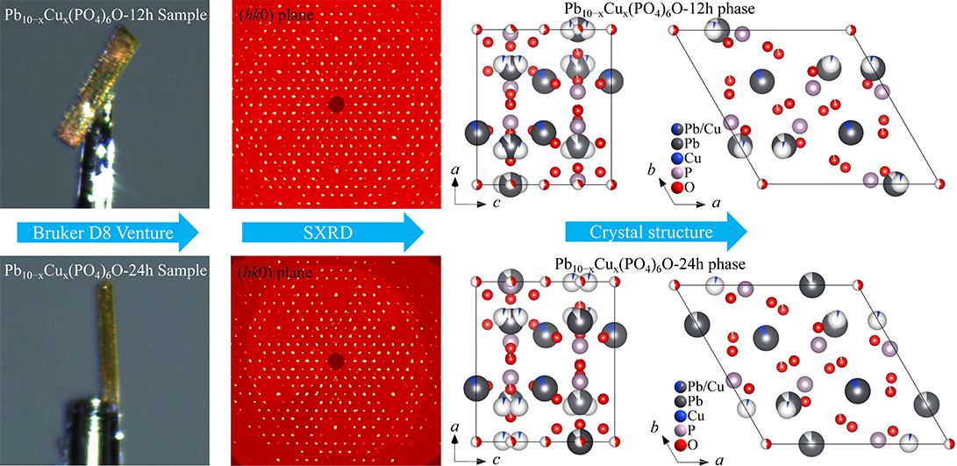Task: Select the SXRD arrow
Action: (x=332, y=232)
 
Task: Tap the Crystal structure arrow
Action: (x=656, y=232)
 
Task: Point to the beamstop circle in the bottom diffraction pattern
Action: (x=336, y=362)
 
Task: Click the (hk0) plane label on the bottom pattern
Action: (x=274, y=269)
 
